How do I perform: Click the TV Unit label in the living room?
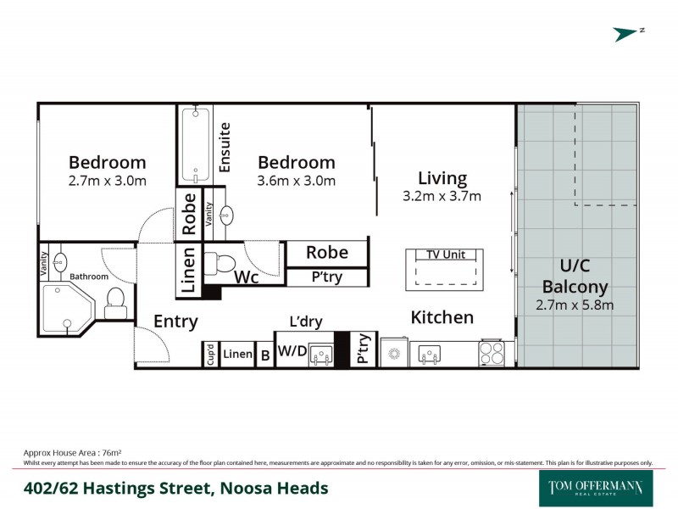pos(443,255)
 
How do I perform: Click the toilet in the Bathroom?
pos(115,302)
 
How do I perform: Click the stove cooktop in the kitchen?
pos(491,353)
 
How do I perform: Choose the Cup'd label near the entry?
pos(210,354)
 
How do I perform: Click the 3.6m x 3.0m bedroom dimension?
pos(296,181)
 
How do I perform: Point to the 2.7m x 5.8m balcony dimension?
pos(575,305)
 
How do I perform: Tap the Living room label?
pos(442,178)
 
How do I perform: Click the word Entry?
pos(175,322)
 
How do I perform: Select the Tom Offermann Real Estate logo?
pos(596,489)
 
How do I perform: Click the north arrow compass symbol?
pos(628,34)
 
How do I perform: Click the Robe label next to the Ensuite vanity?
pos(189,213)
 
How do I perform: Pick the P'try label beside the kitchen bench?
pos(362,349)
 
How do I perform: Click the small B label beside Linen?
pos(265,354)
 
